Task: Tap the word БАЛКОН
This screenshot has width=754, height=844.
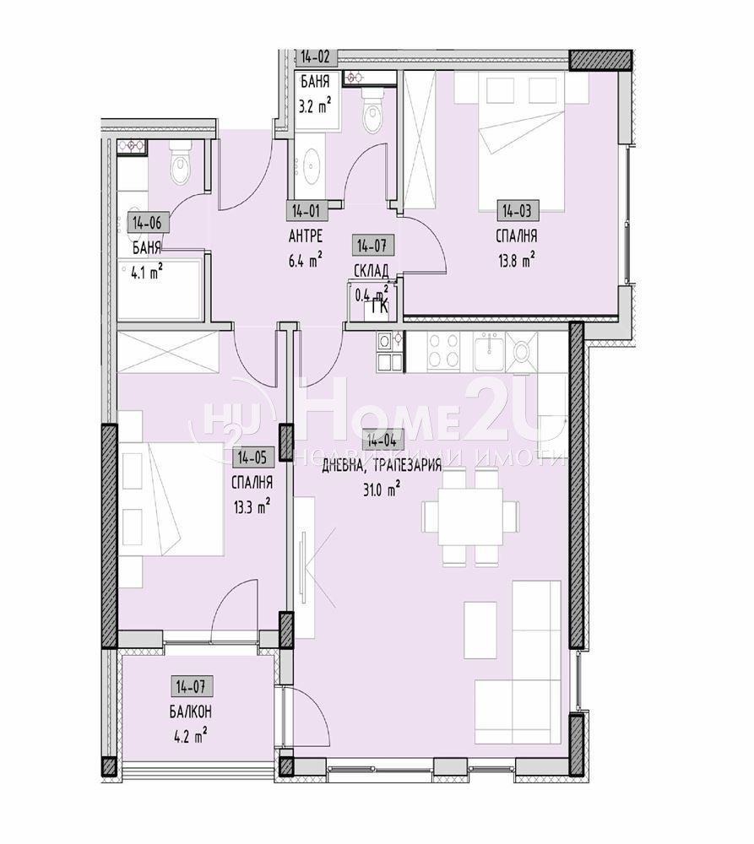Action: [190, 710]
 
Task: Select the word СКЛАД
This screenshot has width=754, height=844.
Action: [372, 271]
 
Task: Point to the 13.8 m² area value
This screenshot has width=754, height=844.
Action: [517, 261]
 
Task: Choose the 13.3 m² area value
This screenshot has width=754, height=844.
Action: [252, 506]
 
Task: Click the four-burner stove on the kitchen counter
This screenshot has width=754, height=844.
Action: [444, 352]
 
